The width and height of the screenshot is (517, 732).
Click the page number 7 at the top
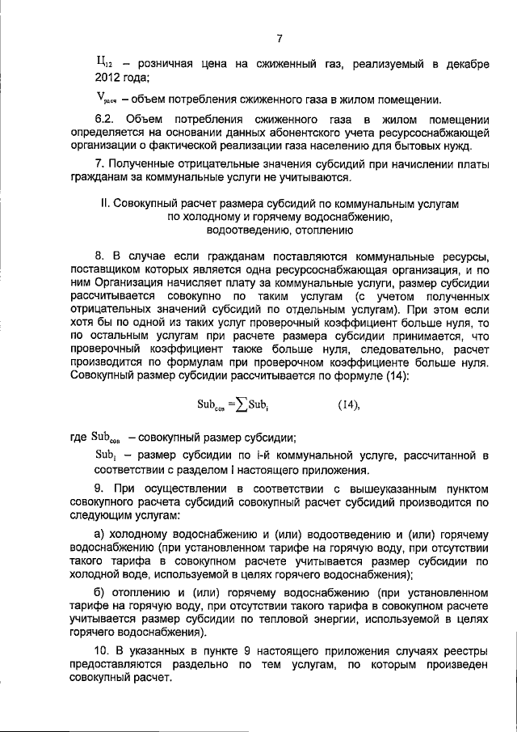point(278,38)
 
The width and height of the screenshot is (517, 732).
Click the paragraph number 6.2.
point(108,120)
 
